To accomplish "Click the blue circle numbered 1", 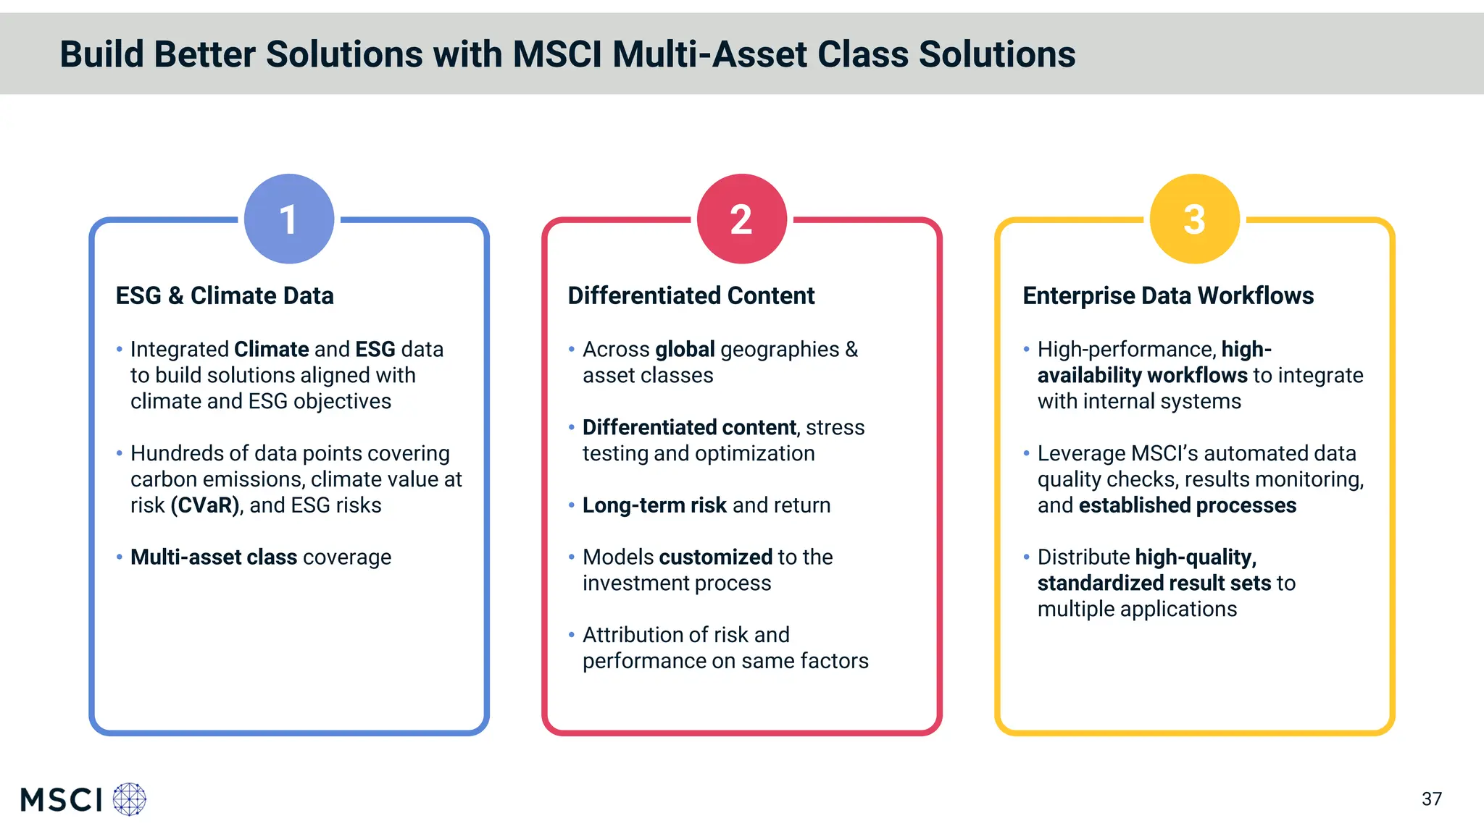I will (x=289, y=219).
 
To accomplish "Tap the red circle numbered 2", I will (x=741, y=219).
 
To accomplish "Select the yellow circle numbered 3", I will (x=1194, y=219).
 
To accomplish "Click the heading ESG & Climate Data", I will (x=225, y=295).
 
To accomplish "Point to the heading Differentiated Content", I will (x=691, y=295).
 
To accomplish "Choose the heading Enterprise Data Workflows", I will (x=1167, y=295).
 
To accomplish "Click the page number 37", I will (x=1431, y=799).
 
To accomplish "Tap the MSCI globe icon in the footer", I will (x=130, y=799).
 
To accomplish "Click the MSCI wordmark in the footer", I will (x=62, y=800).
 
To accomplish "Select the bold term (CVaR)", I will (x=206, y=505).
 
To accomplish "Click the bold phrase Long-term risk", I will (x=654, y=505).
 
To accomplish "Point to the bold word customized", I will (x=715, y=557).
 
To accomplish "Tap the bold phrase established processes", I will (x=1187, y=505).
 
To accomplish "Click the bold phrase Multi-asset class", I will (x=214, y=557).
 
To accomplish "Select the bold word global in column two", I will (x=685, y=349).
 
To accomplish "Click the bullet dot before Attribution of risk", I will (x=571, y=635).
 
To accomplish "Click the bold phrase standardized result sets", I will (x=1154, y=583).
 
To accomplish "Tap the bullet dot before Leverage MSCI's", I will (x=1026, y=453).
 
